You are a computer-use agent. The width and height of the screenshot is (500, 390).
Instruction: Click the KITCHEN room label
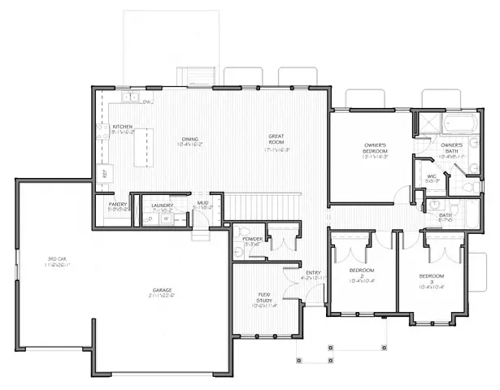pyautogui.click(x=123, y=128)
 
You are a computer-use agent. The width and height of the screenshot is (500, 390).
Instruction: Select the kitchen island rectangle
pyautogui.click(x=150, y=147)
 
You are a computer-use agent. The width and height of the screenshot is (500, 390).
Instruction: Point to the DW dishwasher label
pyautogui.click(x=147, y=102)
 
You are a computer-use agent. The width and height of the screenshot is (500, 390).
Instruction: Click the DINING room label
pyautogui.click(x=189, y=140)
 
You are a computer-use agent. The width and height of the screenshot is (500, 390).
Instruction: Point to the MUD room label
pyautogui.click(x=202, y=204)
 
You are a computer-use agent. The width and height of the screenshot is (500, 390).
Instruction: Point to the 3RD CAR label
pyautogui.click(x=56, y=261)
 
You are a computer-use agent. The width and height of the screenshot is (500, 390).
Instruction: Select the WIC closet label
pyautogui.click(x=432, y=178)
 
